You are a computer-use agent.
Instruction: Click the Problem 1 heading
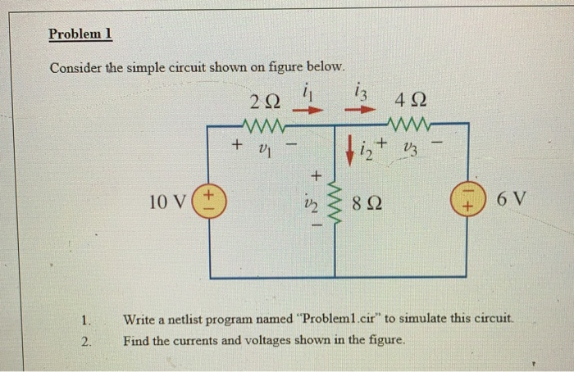click(80, 34)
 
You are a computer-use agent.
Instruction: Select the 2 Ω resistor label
click(264, 102)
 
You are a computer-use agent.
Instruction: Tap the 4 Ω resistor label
click(409, 102)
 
